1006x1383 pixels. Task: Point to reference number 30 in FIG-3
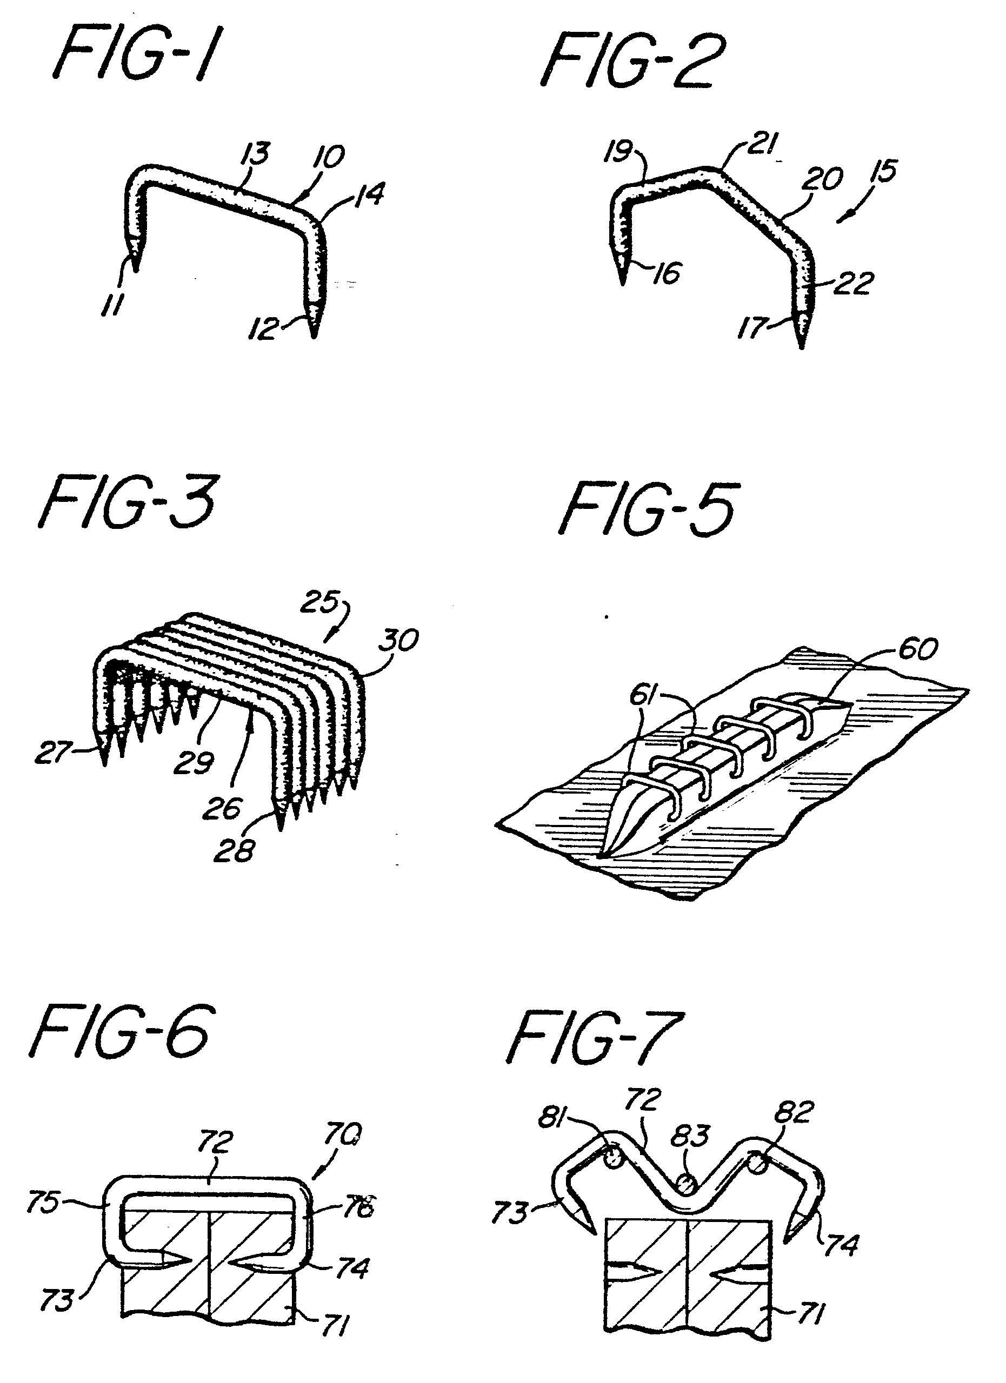(401, 640)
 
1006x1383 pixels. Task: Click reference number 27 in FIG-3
(51, 753)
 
